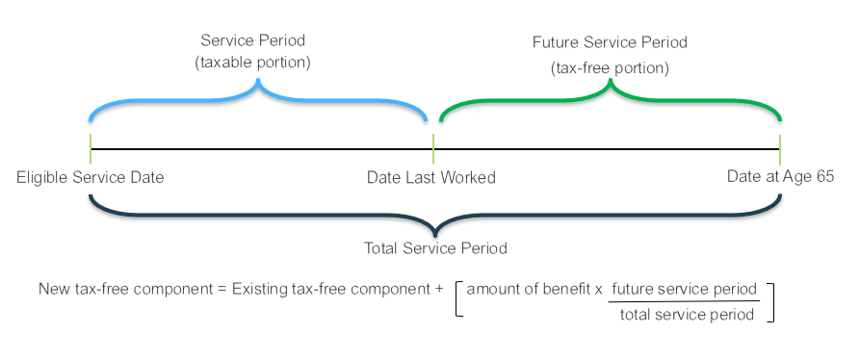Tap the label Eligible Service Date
[x=91, y=177]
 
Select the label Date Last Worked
[x=431, y=177]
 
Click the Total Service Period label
[x=435, y=248]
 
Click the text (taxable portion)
[x=257, y=62]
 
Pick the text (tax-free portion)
[x=610, y=68]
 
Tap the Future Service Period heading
[x=610, y=43]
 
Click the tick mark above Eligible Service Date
[x=90, y=149]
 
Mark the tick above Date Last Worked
[x=433, y=149]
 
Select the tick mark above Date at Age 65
[x=780, y=149]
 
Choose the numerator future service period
[x=684, y=289]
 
